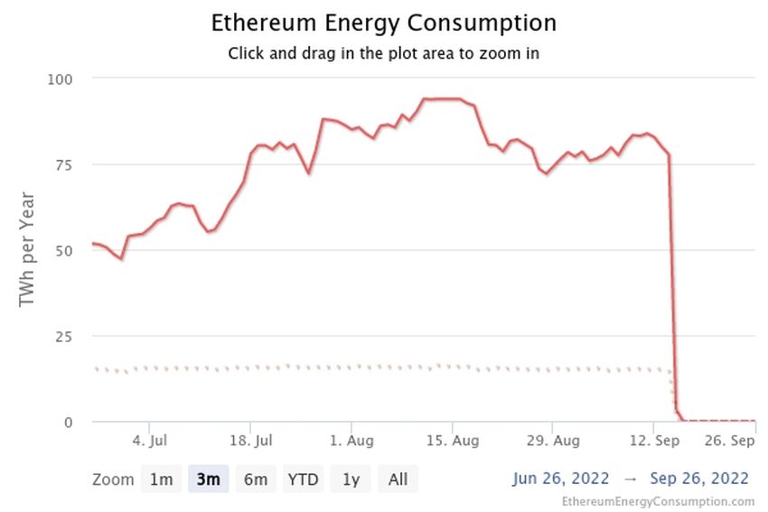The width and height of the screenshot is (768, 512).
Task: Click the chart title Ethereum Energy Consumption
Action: pos(383,23)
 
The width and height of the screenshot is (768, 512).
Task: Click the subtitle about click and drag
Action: pos(383,53)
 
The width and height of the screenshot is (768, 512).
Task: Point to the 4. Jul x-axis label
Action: pos(150,442)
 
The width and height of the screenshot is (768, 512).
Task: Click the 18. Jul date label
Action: pos(251,442)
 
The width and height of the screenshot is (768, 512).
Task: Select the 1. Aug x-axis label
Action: pos(351,442)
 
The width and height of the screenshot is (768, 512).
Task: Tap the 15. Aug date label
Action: pos(453,442)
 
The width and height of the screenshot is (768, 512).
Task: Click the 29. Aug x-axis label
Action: pos(554,442)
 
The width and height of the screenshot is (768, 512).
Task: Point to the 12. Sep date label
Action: pos(655,442)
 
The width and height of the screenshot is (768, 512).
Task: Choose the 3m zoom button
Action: pos(208,479)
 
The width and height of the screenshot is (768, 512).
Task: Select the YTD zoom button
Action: pos(303,479)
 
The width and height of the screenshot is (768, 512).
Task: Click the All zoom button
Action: pos(398,479)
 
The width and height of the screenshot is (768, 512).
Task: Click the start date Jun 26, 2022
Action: pos(561,479)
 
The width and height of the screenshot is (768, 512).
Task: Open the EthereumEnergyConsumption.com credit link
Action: pos(658,501)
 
